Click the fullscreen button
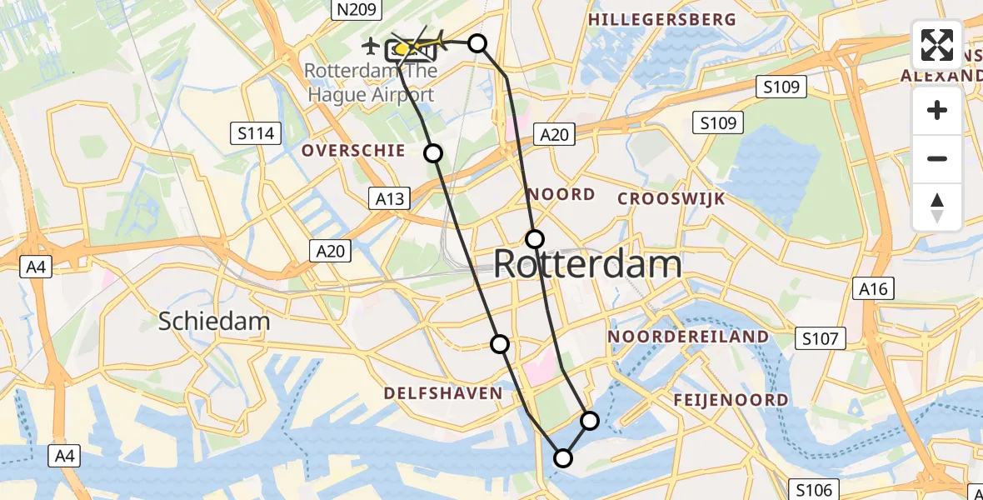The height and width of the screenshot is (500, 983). point(937,45)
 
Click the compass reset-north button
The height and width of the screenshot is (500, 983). point(937,207)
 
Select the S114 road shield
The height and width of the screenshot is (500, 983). point(256,133)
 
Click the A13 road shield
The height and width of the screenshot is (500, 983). point(388,197)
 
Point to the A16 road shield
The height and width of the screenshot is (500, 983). point(874,289)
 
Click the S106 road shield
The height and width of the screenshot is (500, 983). point(814,489)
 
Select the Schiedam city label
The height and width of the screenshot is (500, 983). point(214,321)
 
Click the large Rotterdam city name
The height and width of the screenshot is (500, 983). point(587,265)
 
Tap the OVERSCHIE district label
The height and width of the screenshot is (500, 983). point(353,151)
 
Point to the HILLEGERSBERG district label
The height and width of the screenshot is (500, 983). point(662,19)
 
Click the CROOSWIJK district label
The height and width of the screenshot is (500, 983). point(671,198)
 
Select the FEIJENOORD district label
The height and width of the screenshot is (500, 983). point(731,400)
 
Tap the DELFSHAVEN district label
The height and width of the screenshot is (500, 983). point(442,393)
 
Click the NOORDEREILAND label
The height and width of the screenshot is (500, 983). point(688,337)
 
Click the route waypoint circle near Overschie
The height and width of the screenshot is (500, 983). point(433,152)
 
